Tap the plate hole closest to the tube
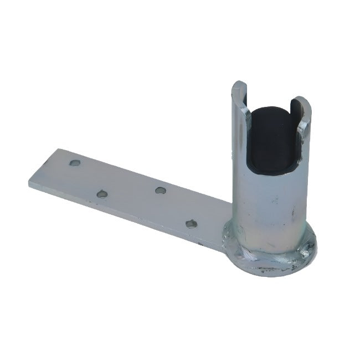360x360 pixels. [x=191, y=223]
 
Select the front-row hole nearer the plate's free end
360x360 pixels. [x=101, y=194]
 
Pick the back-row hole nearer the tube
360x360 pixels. [x=161, y=191]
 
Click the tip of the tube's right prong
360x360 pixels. [x=302, y=100]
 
